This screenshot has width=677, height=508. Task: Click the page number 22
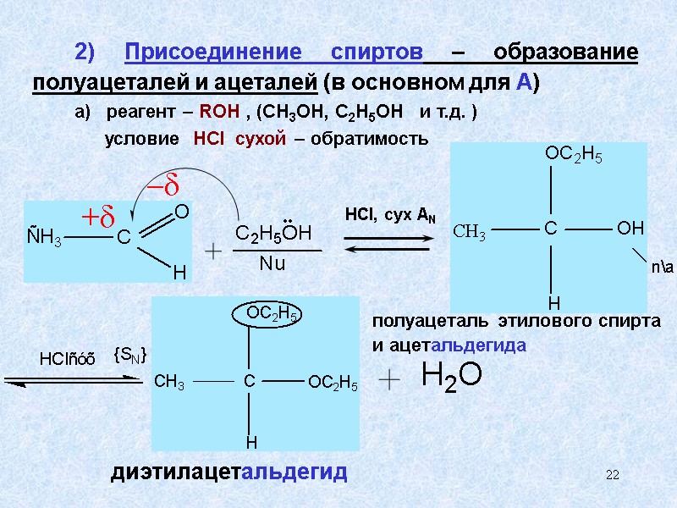[613, 476]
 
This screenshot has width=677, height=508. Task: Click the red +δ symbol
[97, 218]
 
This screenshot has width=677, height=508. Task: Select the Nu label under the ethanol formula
[272, 264]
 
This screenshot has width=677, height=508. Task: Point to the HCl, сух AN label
[390, 215]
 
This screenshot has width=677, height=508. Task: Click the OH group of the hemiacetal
[630, 229]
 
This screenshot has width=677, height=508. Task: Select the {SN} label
[130, 357]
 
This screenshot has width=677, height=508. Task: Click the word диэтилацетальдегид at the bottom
[228, 472]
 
